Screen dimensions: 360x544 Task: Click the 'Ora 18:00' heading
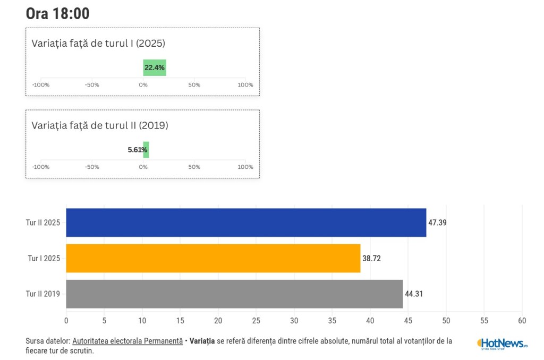click(x=57, y=14)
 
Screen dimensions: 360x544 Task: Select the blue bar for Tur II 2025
click(x=246, y=222)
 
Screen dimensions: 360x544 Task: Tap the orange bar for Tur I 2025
click(x=213, y=259)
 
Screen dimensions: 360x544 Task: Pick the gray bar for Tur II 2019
click(x=234, y=294)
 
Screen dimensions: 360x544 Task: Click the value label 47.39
click(x=437, y=222)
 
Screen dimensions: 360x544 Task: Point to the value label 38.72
click(x=371, y=259)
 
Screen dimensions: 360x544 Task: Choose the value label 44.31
click(x=414, y=294)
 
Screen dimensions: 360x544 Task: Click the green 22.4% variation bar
click(x=155, y=68)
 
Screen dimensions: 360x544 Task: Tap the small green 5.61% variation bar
click(x=146, y=150)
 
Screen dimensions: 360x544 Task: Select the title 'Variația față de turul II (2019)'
click(x=100, y=126)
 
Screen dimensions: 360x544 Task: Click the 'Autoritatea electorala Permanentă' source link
click(x=127, y=341)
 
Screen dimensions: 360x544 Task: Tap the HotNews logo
click(x=502, y=344)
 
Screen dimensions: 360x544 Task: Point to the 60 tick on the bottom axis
click(x=522, y=321)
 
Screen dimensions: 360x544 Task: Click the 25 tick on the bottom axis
click(x=256, y=321)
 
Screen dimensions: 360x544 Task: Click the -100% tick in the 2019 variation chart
click(x=41, y=167)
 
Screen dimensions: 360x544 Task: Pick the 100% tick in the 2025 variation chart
click(x=245, y=85)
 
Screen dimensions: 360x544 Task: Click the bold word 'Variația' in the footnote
click(x=202, y=341)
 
